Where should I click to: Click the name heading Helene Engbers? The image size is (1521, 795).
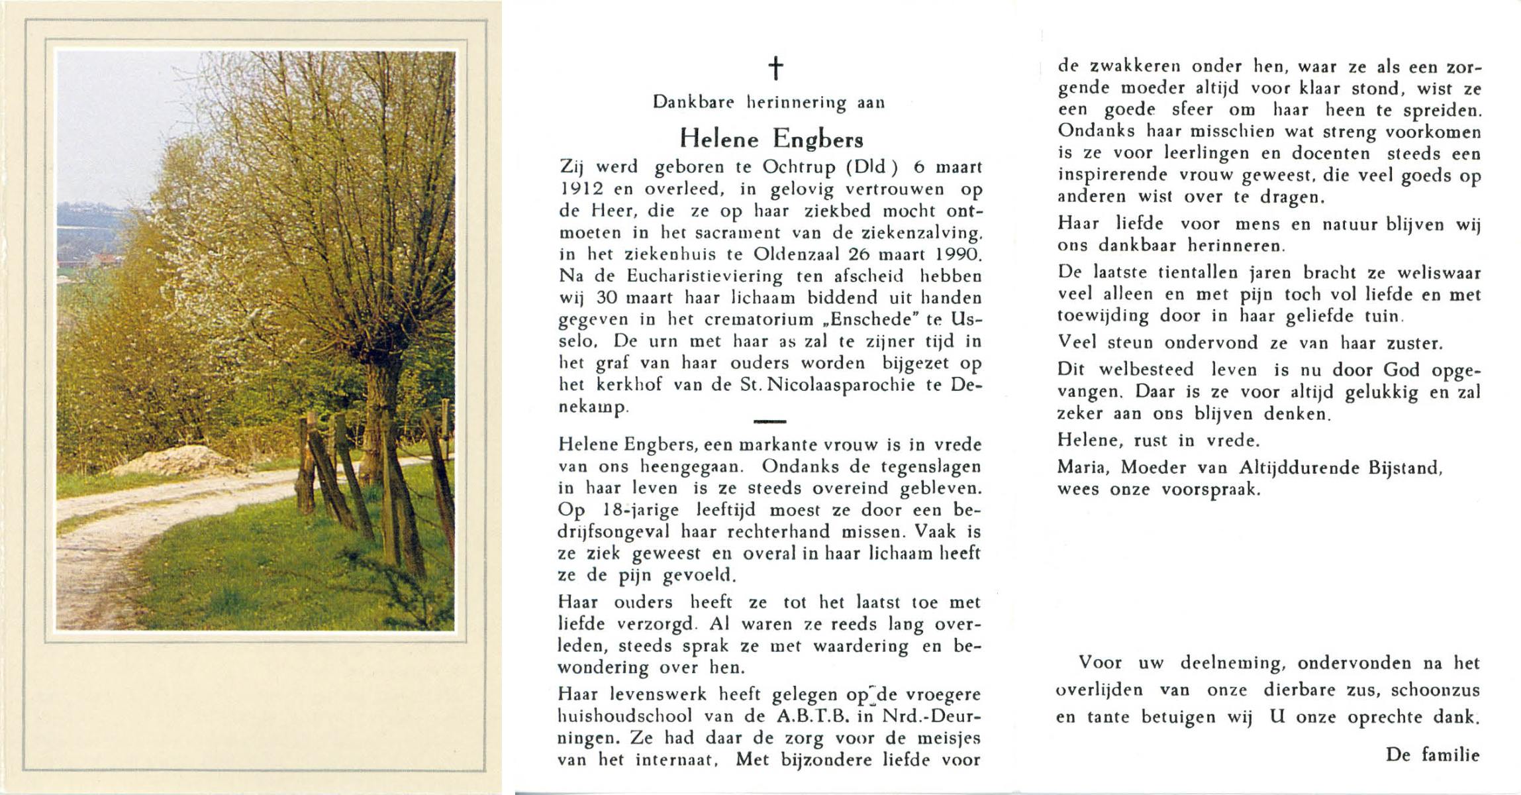point(771,138)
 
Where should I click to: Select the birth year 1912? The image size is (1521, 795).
point(580,189)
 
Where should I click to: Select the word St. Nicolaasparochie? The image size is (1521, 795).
point(830,385)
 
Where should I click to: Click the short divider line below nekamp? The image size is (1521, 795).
point(770,421)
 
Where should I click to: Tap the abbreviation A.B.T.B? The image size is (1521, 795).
point(801,716)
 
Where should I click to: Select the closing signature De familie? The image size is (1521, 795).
point(1432,755)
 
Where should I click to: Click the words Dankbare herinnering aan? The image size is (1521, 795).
point(769,103)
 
